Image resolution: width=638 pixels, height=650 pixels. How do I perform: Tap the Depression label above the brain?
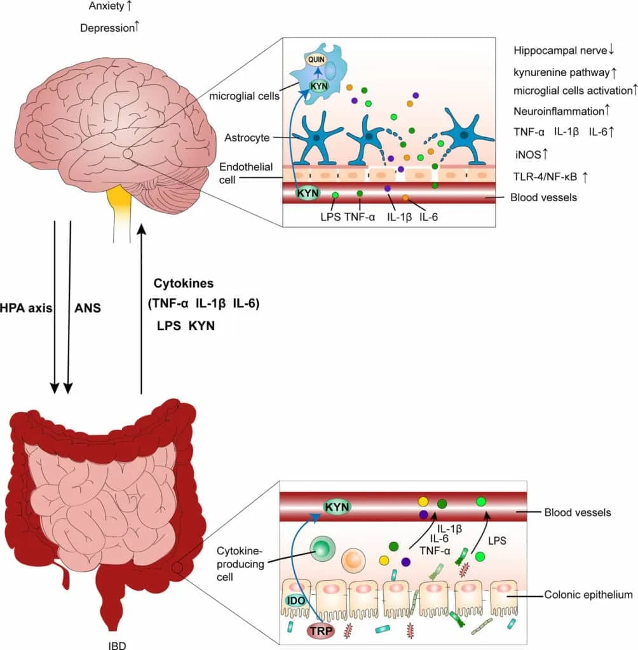(106, 28)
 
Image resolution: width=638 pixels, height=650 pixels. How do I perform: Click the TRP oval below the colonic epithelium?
(320, 630)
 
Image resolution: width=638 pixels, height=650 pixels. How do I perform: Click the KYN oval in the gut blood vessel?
(337, 507)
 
